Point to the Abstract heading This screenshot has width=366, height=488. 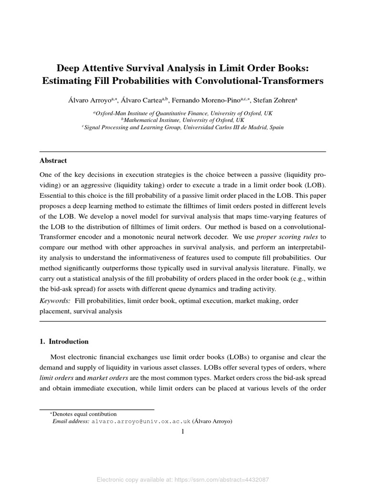53,161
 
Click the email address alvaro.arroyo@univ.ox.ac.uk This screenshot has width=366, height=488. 141,421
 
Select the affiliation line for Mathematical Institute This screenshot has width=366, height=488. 183,121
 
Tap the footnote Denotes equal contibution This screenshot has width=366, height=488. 84,414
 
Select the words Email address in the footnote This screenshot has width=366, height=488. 71,421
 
